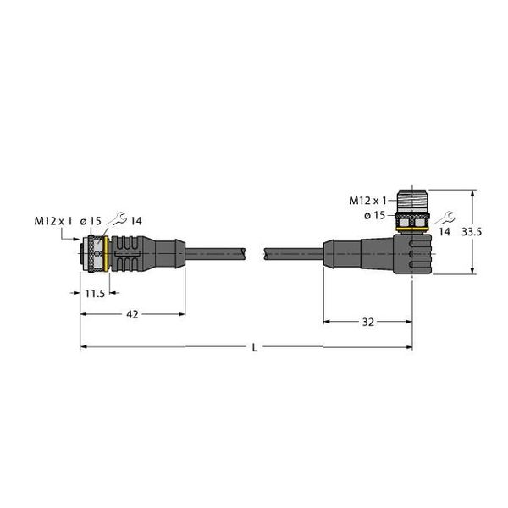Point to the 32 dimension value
[x=367, y=322]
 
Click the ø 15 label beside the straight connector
[x=91, y=221]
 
